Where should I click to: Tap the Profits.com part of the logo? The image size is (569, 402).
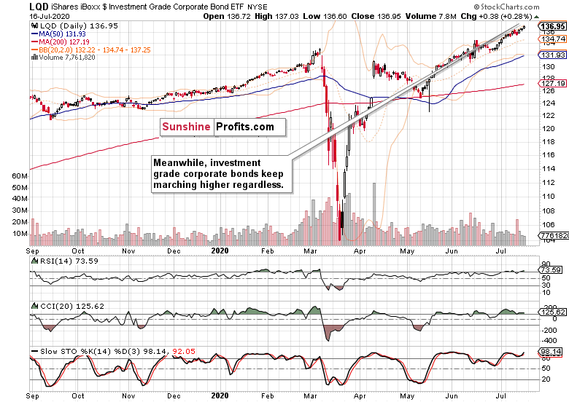[x=244, y=127]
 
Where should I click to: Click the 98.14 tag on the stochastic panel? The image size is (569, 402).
[x=551, y=352]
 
